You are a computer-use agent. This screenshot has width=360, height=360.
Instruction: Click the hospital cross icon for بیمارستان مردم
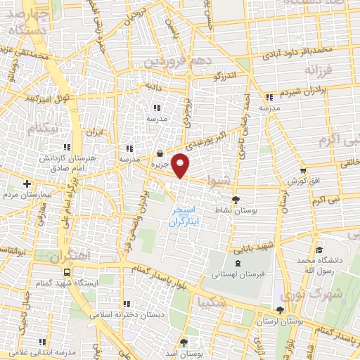point(27,184)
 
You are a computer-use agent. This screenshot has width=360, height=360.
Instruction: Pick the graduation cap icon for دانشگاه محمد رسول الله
point(320,250)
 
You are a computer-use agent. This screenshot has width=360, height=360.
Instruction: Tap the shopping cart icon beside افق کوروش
point(302,170)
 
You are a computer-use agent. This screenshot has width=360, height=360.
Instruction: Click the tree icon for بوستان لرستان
point(281,310)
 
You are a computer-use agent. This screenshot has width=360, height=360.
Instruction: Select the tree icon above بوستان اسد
point(184,342)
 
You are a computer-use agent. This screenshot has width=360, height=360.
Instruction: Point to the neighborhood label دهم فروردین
point(177,62)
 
